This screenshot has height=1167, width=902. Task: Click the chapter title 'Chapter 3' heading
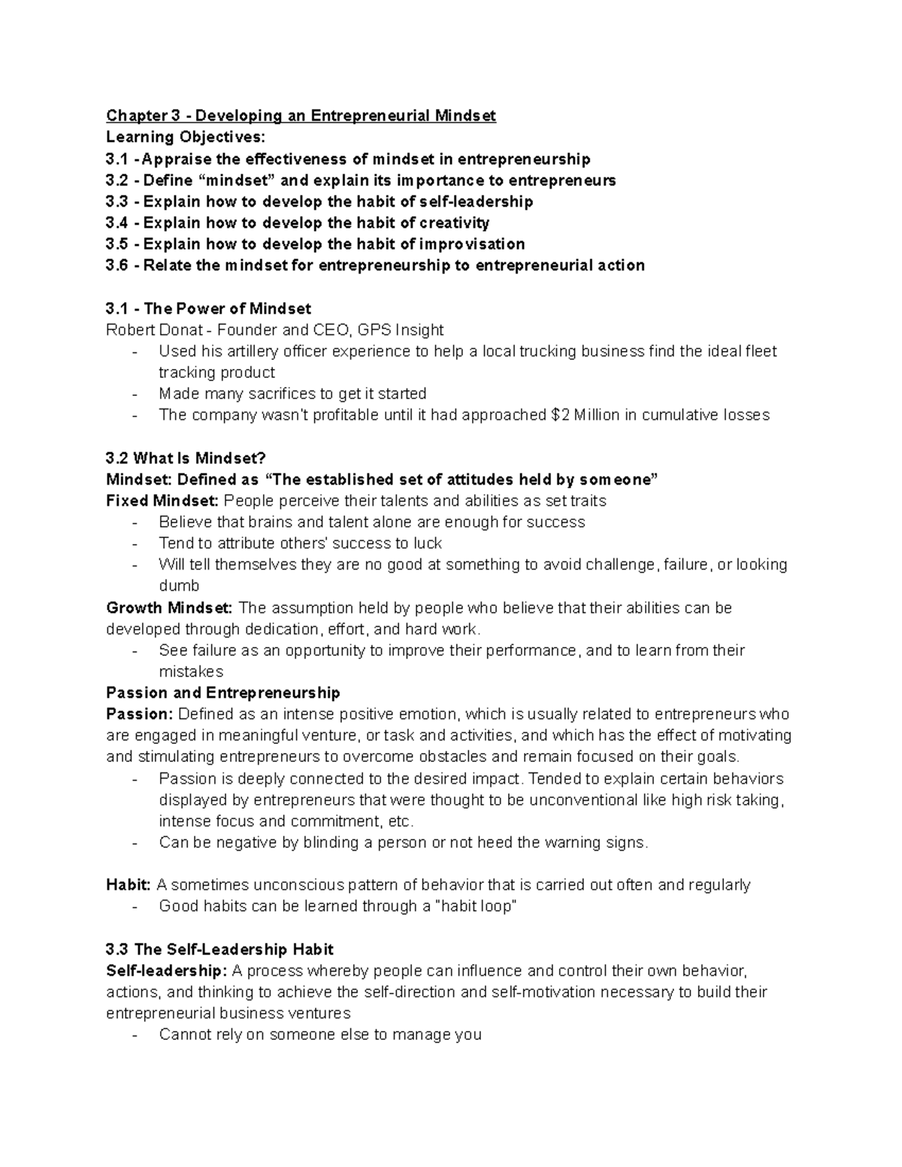pyautogui.click(x=301, y=116)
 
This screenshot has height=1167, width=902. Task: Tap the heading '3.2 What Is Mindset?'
pyautogui.click(x=186, y=458)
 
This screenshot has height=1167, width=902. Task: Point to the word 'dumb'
pyautogui.click(x=179, y=585)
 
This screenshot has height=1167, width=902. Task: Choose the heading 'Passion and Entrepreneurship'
pyautogui.click(x=223, y=692)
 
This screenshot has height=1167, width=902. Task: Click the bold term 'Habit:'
pyautogui.click(x=129, y=884)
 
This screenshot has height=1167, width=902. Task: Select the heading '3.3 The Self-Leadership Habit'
pyautogui.click(x=220, y=949)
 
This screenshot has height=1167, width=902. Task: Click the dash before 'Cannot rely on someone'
pyautogui.click(x=135, y=1035)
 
